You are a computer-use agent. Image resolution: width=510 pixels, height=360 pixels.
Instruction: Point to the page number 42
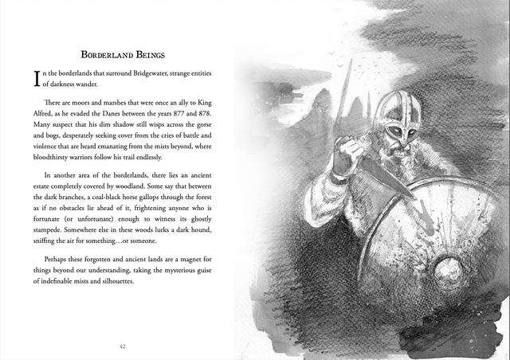122,346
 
